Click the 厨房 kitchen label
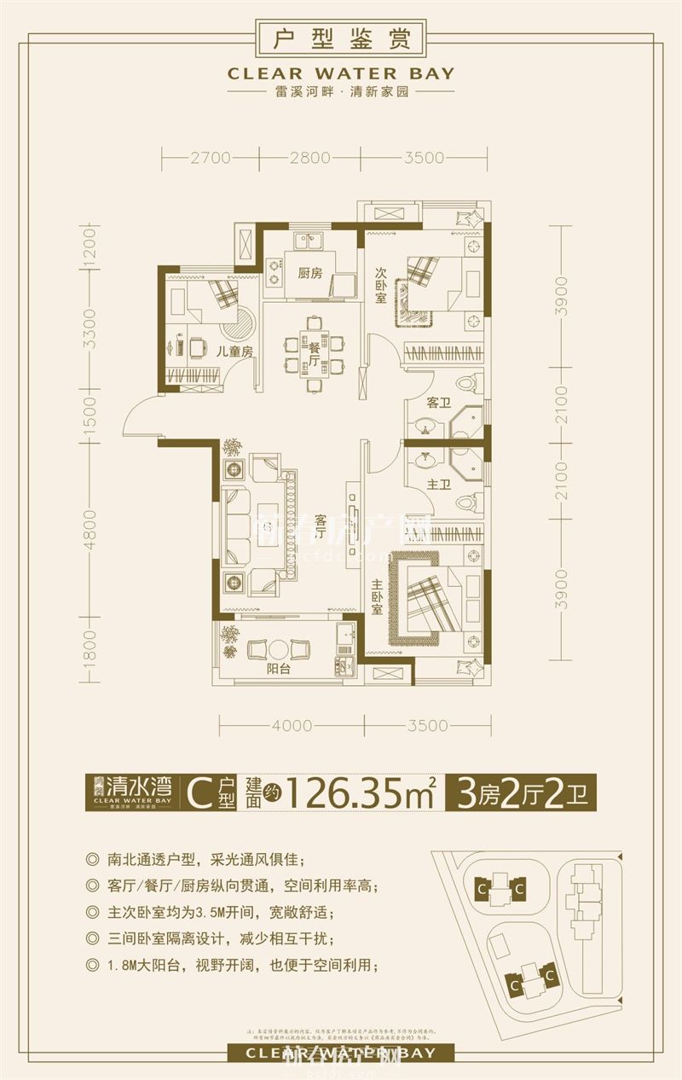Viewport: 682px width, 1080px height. tap(309, 274)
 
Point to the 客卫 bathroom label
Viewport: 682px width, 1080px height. tap(437, 403)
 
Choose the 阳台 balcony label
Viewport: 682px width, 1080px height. tap(279, 669)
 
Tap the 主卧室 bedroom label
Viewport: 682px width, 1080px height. tap(377, 598)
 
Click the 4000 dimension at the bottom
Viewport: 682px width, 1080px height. tap(292, 726)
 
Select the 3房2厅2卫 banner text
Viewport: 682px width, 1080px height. tap(526, 794)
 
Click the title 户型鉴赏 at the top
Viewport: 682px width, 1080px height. tap(341, 39)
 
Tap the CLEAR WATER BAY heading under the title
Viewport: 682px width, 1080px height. tap(341, 74)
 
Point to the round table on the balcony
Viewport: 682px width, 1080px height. tap(279, 648)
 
